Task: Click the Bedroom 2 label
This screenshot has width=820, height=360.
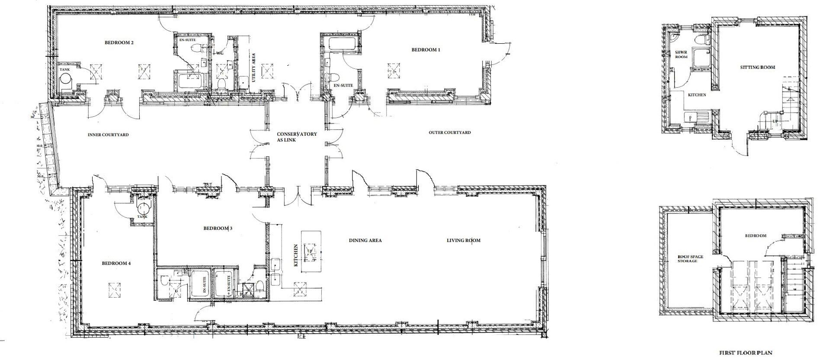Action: pyautogui.click(x=119, y=43)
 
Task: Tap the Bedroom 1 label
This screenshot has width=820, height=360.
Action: pyautogui.click(x=425, y=50)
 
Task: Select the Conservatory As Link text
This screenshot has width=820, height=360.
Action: pyautogui.click(x=297, y=137)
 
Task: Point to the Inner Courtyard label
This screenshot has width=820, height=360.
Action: pyautogui.click(x=108, y=135)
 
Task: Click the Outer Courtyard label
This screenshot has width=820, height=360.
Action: pyautogui.click(x=449, y=132)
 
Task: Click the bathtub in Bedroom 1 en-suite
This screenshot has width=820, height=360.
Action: pyautogui.click(x=344, y=43)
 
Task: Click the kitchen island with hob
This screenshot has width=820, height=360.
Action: pyautogui.click(x=311, y=251)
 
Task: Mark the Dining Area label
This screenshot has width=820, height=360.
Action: pyautogui.click(x=365, y=241)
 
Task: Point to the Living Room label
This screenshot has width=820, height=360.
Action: pyautogui.click(x=464, y=241)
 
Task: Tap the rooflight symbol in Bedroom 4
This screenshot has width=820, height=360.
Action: pyautogui.click(x=114, y=289)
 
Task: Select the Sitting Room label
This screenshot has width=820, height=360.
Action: pyautogui.click(x=757, y=67)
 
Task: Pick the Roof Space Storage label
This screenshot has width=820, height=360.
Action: pyautogui.click(x=690, y=259)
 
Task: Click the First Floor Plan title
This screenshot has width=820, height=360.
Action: pyautogui.click(x=745, y=353)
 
